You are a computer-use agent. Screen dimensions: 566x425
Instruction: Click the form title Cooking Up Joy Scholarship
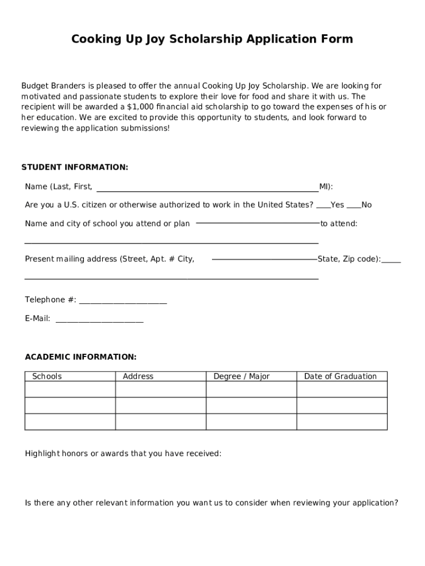212,39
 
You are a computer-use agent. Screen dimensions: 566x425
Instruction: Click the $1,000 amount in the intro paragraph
141,107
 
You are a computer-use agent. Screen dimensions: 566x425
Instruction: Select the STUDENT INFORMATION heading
75,167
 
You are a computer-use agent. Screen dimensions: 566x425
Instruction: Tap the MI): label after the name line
326,187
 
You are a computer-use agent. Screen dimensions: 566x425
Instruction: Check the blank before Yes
323,206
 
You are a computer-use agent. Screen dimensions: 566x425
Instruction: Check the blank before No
354,206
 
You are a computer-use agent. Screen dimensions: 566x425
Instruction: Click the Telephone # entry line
123,301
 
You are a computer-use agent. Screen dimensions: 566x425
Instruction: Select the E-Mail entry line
99,319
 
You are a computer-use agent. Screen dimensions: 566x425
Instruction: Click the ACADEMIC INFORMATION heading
81,357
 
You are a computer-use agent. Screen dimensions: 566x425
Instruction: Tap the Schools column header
47,376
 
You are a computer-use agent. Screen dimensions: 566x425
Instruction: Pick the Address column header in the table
138,376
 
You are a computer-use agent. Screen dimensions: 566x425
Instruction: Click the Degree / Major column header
242,376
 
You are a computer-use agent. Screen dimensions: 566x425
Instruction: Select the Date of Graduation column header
341,376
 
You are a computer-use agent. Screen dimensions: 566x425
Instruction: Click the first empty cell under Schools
70,389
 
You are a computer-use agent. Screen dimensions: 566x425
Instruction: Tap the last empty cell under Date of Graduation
342,422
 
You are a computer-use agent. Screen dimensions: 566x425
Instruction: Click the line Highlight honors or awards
123,454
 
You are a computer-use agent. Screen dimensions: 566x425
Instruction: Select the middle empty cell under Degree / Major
251,406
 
